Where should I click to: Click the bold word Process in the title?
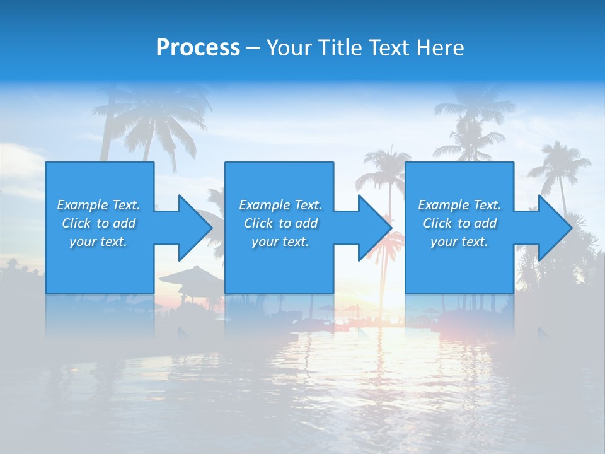(x=198, y=48)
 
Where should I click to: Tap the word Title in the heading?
(x=340, y=48)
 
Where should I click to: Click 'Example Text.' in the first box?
(x=98, y=205)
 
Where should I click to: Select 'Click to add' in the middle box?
(x=280, y=223)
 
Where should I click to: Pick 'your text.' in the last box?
(x=459, y=242)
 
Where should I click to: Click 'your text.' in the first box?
(x=98, y=242)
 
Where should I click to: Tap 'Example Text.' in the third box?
(x=459, y=205)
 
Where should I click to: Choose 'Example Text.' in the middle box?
(x=280, y=205)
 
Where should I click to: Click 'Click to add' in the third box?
(x=459, y=223)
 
